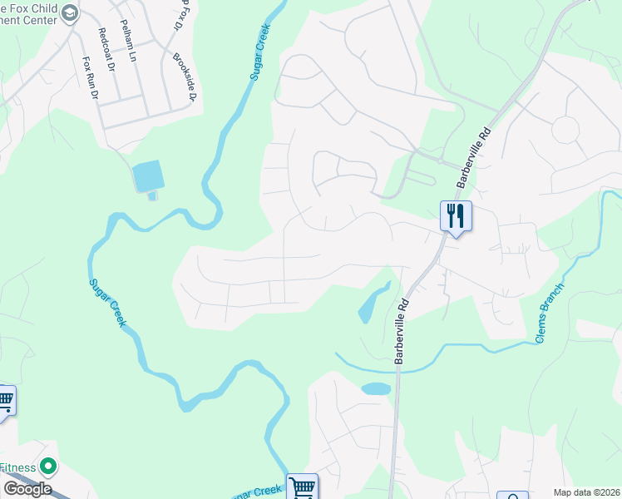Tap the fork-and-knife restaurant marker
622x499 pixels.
pyautogui.click(x=456, y=216)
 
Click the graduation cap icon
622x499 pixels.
pyautogui.click(x=71, y=13)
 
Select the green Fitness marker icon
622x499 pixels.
pyautogui.click(x=48, y=467)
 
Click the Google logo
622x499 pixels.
pyautogui.click(x=27, y=489)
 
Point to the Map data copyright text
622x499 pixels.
pyautogui.click(x=585, y=492)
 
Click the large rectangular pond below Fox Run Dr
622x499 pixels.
pyautogui.click(x=148, y=175)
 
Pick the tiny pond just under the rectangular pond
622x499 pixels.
pyautogui.click(x=152, y=195)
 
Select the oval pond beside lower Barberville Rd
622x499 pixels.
pyautogui.click(x=376, y=388)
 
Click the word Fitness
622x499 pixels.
pyautogui.click(x=17, y=467)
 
